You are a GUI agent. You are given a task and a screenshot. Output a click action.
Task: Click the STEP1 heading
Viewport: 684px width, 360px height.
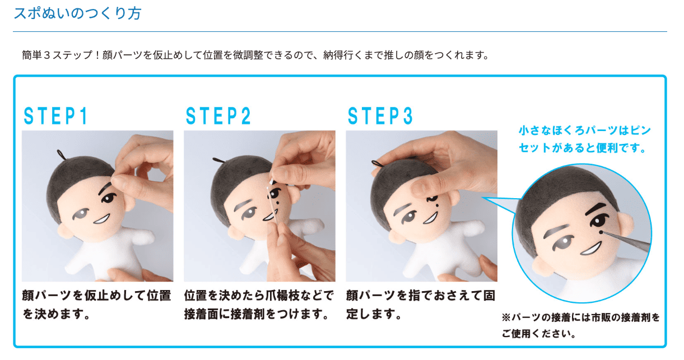click(x=56, y=116)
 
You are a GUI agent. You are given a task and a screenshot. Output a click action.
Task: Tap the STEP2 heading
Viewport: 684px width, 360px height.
click(x=218, y=116)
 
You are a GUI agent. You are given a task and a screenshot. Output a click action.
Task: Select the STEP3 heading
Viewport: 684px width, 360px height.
click(x=380, y=116)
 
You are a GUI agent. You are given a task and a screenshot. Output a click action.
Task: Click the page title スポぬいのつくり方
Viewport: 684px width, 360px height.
click(x=77, y=13)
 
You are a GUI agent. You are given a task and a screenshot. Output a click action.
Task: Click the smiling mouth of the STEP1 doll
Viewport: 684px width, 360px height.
click(x=102, y=219)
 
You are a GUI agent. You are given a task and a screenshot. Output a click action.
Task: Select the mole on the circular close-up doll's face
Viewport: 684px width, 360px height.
click(x=601, y=232)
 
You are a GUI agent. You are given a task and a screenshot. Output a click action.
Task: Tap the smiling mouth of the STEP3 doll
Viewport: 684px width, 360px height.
click(x=431, y=218)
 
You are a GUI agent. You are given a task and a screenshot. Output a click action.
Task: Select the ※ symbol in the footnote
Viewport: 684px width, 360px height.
click(x=506, y=317)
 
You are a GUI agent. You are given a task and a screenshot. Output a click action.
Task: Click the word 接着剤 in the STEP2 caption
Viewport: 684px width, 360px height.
click(x=248, y=314)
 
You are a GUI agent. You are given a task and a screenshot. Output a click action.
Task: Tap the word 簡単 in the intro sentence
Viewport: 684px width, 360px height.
click(x=32, y=55)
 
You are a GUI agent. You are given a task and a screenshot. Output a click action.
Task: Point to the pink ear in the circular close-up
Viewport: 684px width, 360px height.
click(x=625, y=222)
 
